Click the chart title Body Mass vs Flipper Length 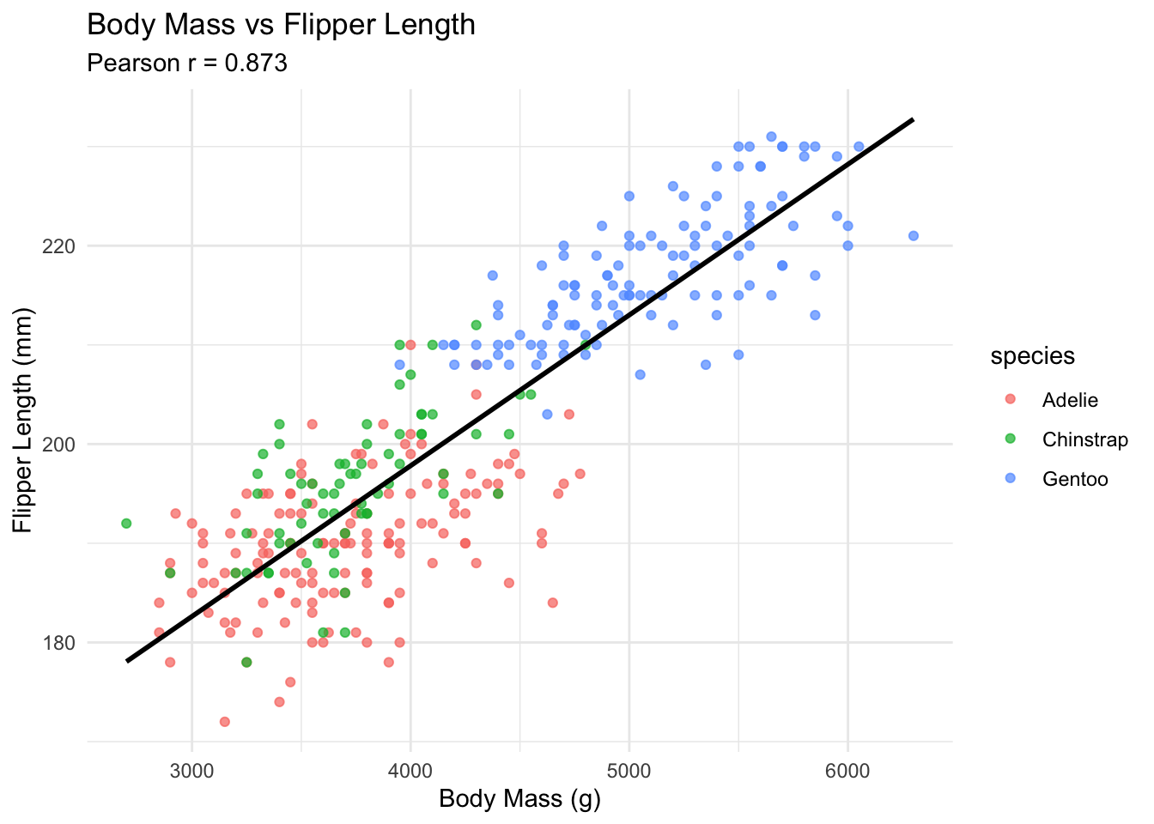click(281, 25)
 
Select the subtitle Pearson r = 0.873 click(187, 64)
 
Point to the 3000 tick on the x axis click(191, 770)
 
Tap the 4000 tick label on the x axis click(410, 770)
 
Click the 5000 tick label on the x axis click(629, 770)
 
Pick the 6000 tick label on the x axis click(847, 770)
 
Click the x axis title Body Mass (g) click(519, 799)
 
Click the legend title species click(1032, 356)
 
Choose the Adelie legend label click(1070, 400)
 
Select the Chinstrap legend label click(1084, 439)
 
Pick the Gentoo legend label click(1075, 479)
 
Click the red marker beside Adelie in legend click(1010, 400)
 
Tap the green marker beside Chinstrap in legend click(1010, 439)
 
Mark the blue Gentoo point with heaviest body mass click(914, 235)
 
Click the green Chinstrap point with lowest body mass click(126, 523)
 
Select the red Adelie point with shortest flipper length click(224, 721)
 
